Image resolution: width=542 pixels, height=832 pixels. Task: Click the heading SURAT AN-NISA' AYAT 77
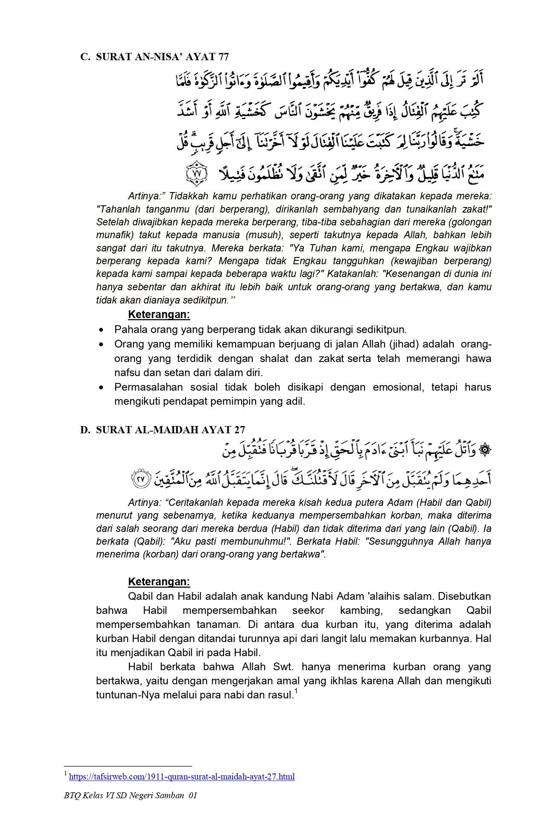click(162, 57)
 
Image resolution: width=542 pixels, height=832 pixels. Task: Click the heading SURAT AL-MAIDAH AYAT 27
click(170, 429)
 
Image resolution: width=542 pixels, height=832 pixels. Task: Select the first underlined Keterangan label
click(159, 315)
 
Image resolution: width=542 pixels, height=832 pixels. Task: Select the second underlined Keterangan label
click(159, 582)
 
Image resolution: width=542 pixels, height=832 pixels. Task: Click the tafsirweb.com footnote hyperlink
click(181, 777)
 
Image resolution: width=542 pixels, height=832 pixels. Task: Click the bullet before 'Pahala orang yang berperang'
click(101, 330)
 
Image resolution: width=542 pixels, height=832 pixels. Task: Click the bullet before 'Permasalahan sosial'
click(101, 388)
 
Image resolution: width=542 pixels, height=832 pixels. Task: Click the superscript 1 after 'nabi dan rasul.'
click(296, 692)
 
